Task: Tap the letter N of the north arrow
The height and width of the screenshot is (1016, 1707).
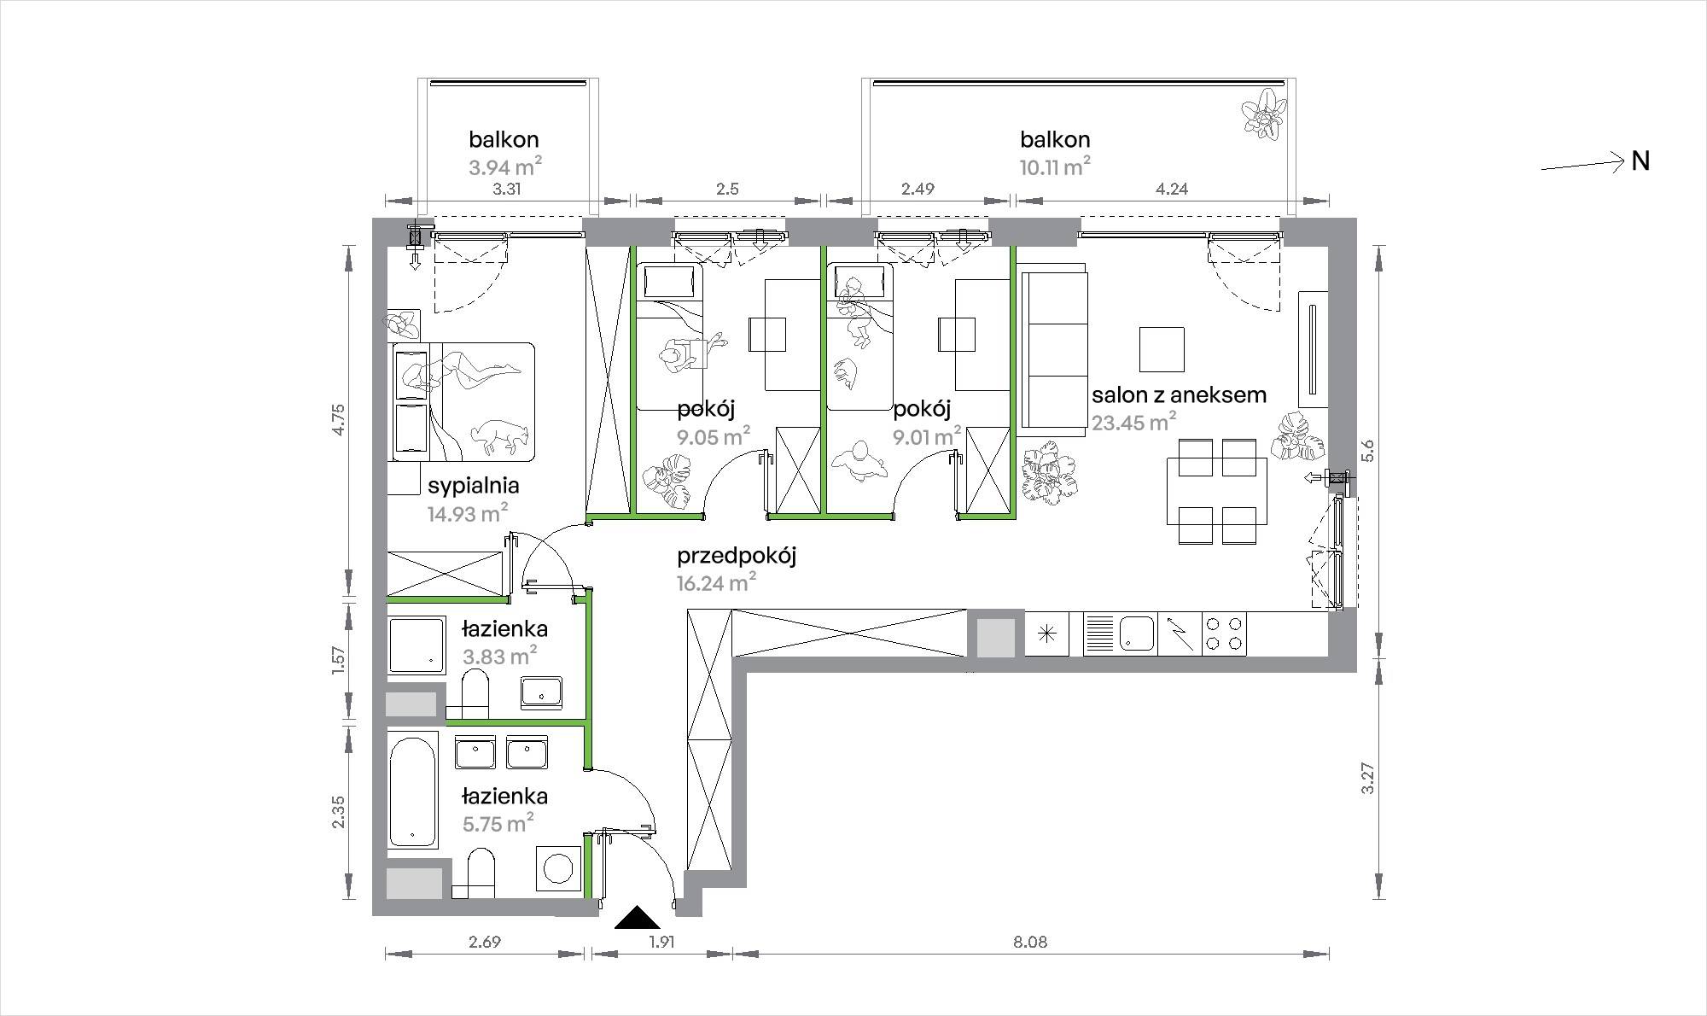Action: tap(1640, 161)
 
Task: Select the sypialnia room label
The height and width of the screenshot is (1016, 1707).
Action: tap(474, 486)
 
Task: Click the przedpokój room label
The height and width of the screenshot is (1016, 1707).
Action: tap(737, 557)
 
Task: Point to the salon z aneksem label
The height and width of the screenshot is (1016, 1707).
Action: tap(1179, 395)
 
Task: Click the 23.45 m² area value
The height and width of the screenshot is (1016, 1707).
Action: tap(1134, 422)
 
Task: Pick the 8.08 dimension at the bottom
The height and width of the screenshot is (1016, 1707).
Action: tap(1030, 943)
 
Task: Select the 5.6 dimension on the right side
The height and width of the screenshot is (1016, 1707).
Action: tap(1368, 450)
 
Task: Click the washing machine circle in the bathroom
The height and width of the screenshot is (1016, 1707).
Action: tap(559, 868)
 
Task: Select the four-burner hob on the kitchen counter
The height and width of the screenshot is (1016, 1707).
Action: tap(1224, 634)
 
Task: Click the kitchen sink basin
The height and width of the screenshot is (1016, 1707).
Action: tap(1136, 633)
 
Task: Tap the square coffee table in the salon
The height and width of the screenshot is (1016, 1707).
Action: tap(1162, 349)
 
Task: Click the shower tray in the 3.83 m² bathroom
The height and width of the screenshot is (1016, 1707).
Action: tap(417, 645)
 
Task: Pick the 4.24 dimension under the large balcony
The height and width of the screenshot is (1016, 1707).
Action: tap(1172, 189)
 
